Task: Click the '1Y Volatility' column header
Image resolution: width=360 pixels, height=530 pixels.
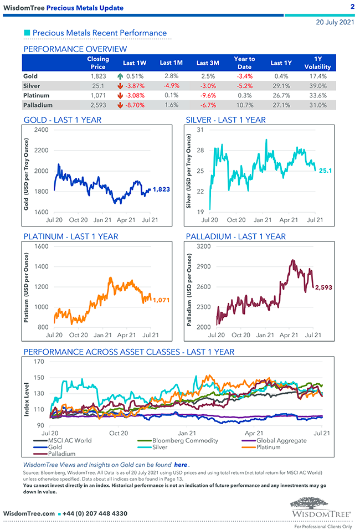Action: (x=317, y=63)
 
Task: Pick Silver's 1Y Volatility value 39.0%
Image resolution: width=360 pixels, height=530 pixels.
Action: (x=317, y=86)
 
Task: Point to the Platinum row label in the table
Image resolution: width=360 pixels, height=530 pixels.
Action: (x=37, y=95)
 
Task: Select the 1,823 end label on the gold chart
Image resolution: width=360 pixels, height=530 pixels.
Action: (x=161, y=189)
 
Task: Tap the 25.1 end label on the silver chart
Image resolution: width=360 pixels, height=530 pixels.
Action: (x=325, y=171)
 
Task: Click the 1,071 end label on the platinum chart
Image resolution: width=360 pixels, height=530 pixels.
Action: (x=161, y=300)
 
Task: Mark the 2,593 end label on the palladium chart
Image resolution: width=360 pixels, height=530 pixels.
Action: (x=323, y=287)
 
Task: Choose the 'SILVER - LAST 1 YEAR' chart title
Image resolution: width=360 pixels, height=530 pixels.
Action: (x=225, y=120)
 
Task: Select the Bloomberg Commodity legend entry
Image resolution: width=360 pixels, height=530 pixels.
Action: (x=185, y=440)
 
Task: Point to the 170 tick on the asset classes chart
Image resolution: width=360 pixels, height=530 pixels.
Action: (x=39, y=362)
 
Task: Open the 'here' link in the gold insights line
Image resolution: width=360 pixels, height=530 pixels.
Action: (x=181, y=465)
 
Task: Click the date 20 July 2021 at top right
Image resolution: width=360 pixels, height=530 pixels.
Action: (x=335, y=23)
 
